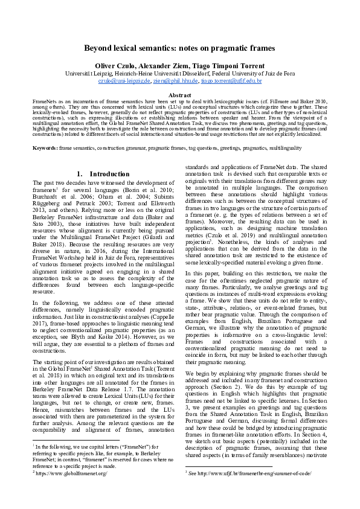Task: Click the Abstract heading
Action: point(179,95)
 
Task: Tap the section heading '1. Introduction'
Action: point(101,174)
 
